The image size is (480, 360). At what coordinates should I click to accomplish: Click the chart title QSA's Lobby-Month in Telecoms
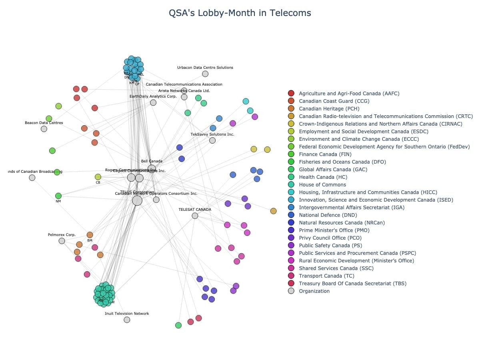(x=240, y=13)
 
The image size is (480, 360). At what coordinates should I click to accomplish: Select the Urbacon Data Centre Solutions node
(x=205, y=74)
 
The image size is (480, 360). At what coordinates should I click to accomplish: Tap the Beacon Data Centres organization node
(x=44, y=129)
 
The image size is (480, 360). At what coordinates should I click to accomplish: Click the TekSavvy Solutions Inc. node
(x=212, y=140)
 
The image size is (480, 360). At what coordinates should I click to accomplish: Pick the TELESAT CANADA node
(x=195, y=216)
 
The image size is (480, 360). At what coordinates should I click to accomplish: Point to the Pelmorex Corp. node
(x=62, y=241)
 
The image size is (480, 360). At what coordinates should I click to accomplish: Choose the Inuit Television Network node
(x=127, y=320)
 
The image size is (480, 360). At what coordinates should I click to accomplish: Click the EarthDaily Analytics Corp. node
(x=153, y=103)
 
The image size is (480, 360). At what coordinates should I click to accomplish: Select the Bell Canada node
(x=152, y=169)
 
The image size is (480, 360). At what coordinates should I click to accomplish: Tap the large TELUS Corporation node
(x=137, y=200)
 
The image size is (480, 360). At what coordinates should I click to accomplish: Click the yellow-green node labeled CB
(x=98, y=177)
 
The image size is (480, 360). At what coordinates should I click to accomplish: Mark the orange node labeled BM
(x=90, y=235)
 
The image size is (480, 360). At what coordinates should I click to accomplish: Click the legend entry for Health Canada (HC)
(x=323, y=177)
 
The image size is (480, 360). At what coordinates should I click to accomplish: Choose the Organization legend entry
(x=314, y=291)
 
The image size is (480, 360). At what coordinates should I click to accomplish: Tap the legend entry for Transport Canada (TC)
(x=326, y=276)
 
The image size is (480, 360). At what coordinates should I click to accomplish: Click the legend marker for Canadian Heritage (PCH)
(x=291, y=109)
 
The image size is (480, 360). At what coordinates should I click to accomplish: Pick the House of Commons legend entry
(x=322, y=185)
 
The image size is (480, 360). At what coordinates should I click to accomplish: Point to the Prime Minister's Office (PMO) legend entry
(x=334, y=230)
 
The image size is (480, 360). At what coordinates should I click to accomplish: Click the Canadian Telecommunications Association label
(x=184, y=84)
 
